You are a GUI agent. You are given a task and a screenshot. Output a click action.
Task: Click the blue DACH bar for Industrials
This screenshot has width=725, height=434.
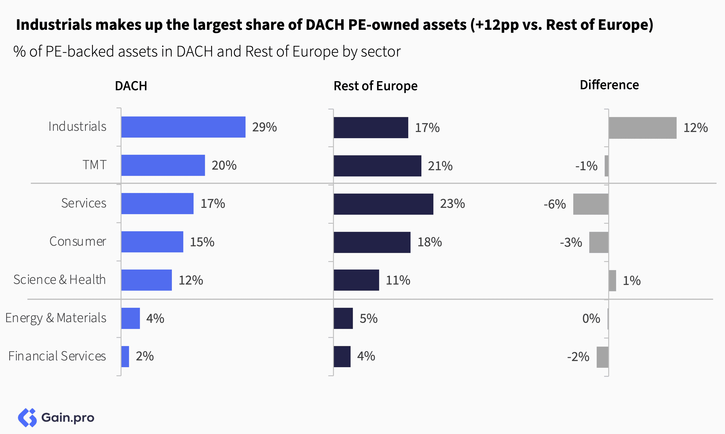click(183, 127)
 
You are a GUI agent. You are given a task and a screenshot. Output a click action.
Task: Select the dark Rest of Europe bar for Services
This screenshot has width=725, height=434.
click(383, 204)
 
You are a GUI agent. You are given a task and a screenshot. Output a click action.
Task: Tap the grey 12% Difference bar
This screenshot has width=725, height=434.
click(642, 128)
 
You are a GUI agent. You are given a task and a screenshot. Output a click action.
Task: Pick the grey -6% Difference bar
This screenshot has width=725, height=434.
click(591, 204)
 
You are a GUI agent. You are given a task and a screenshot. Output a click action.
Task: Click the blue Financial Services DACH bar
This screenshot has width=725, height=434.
click(125, 356)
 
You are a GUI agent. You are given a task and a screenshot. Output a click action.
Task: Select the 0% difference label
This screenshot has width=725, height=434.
click(591, 318)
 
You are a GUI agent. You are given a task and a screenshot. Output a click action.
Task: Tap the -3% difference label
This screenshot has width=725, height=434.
click(571, 242)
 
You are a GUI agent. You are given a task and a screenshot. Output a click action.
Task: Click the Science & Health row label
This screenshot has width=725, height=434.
click(60, 280)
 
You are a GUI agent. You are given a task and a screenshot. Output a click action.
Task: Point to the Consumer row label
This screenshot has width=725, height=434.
click(77, 242)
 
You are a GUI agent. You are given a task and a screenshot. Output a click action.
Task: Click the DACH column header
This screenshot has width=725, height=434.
click(131, 86)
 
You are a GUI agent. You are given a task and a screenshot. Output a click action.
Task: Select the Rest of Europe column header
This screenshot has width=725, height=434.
click(375, 86)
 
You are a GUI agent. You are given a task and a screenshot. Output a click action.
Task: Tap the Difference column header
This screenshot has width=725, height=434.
click(609, 85)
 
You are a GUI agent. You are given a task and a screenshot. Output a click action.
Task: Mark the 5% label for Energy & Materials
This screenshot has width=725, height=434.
click(368, 318)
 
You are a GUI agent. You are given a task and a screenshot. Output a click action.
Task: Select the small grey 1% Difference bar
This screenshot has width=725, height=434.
click(612, 280)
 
